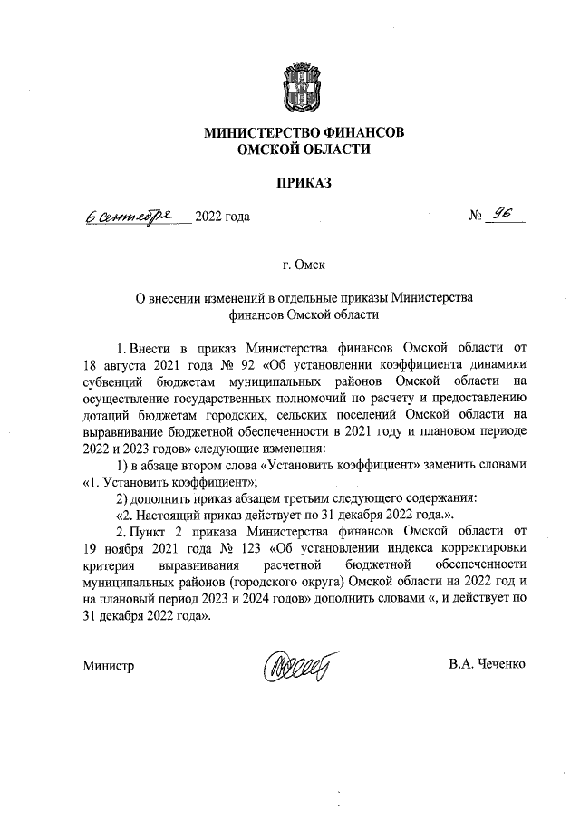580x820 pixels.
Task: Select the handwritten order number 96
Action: [501, 215]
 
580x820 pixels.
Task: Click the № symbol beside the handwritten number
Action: [476, 217]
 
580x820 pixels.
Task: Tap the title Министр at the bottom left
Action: [108, 667]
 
